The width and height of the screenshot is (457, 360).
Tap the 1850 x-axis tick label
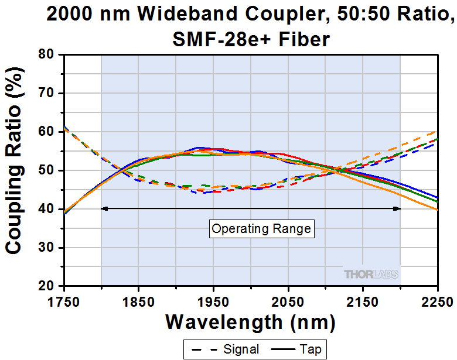(x=139, y=302)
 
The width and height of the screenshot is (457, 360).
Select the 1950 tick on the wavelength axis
(x=213, y=302)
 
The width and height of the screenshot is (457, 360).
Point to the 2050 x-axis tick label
(x=288, y=302)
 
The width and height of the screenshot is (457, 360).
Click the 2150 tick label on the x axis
(x=363, y=302)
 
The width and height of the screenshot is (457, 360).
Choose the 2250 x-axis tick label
(x=437, y=302)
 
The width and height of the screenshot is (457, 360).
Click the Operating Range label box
(x=261, y=229)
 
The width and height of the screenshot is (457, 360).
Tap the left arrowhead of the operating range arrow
(x=104, y=208)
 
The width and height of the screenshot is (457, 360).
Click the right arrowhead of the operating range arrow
(x=397, y=208)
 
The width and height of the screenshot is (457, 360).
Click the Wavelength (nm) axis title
(x=251, y=322)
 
